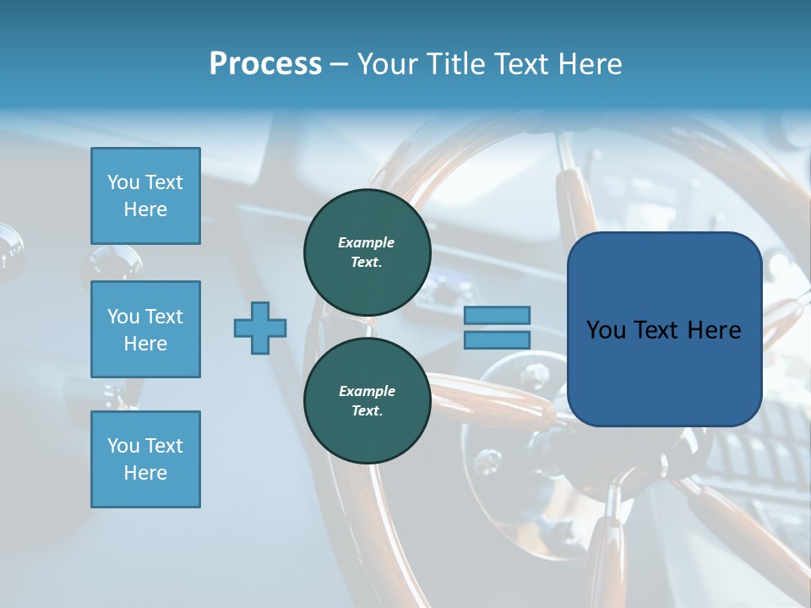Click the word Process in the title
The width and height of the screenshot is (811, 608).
pyautogui.click(x=265, y=64)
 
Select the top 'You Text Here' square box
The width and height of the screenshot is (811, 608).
pyautogui.click(x=145, y=196)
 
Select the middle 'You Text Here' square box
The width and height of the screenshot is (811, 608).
pyautogui.click(x=145, y=329)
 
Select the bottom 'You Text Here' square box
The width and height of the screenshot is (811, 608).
pyautogui.click(x=145, y=459)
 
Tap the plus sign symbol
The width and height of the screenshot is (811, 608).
pyautogui.click(x=260, y=328)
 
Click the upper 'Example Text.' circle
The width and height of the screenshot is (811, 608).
pyautogui.click(x=367, y=252)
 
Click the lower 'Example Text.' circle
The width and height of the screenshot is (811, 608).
pyautogui.click(x=367, y=400)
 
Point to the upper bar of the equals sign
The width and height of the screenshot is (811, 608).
pyautogui.click(x=497, y=316)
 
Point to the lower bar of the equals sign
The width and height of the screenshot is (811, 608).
pyautogui.click(x=497, y=339)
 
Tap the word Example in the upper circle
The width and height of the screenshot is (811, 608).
pyautogui.click(x=367, y=242)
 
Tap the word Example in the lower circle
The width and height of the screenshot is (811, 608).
pyautogui.click(x=367, y=391)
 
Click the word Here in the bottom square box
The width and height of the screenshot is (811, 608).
pyautogui.click(x=145, y=473)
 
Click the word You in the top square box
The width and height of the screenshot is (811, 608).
pyautogui.click(x=123, y=182)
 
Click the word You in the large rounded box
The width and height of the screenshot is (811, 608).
pyautogui.click(x=607, y=330)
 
